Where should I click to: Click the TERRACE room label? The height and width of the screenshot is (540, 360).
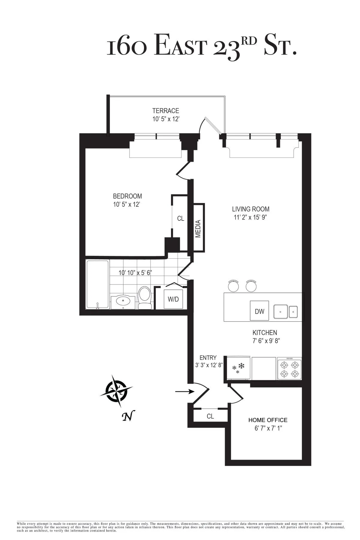pyautogui.click(x=165, y=111)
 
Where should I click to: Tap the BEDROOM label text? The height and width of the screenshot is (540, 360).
pyautogui.click(x=127, y=196)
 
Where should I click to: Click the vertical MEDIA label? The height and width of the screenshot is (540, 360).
pyautogui.click(x=198, y=229)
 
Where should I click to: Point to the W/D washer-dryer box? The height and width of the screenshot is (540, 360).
pyautogui.click(x=173, y=299)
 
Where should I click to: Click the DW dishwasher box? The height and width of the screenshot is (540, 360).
pyautogui.click(x=259, y=311)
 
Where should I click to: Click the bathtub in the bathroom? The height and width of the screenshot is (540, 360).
pyautogui.click(x=97, y=284)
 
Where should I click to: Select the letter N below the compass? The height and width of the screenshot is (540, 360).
pyautogui.click(x=128, y=417)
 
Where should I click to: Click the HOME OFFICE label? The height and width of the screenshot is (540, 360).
pyautogui.click(x=268, y=420)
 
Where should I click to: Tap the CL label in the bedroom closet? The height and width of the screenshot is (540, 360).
pyautogui.click(x=180, y=219)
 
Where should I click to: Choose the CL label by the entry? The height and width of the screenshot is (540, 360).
pyautogui.click(x=210, y=416)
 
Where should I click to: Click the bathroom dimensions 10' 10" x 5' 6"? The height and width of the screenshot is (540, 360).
pyautogui.click(x=135, y=273)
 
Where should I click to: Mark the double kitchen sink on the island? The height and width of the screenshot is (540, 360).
pyautogui.click(x=285, y=312)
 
